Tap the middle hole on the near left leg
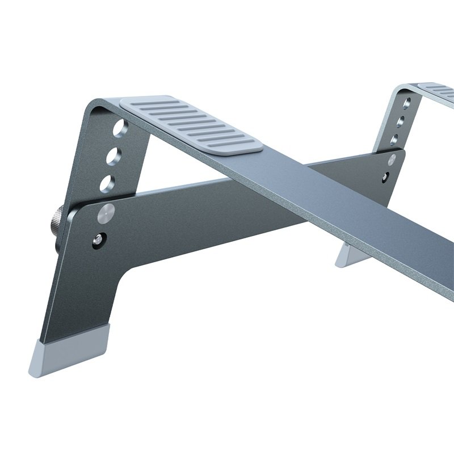tap(113, 155)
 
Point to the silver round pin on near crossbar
tap(106, 213)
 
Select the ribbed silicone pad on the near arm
tap(191, 124)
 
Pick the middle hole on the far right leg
tap(401, 121)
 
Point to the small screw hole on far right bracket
tap(387, 176)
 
